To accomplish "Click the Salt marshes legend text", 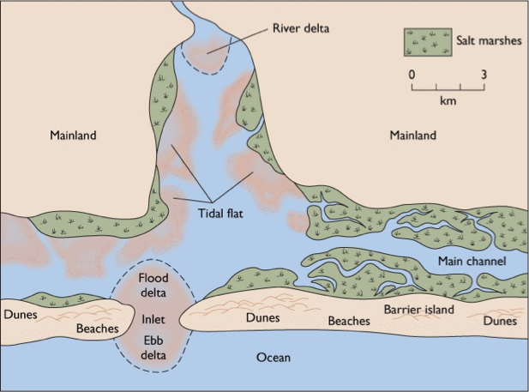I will (488, 40).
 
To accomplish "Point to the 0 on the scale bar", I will (412, 74).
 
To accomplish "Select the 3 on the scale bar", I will (484, 74).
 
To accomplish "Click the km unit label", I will (448, 101).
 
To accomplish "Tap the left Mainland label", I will (73, 136).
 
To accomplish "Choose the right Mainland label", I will (412, 136).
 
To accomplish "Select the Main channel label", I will (472, 261).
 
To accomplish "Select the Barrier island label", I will (419, 309).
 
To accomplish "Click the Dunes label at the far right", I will (500, 322).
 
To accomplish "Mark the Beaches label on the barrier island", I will (349, 322).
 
